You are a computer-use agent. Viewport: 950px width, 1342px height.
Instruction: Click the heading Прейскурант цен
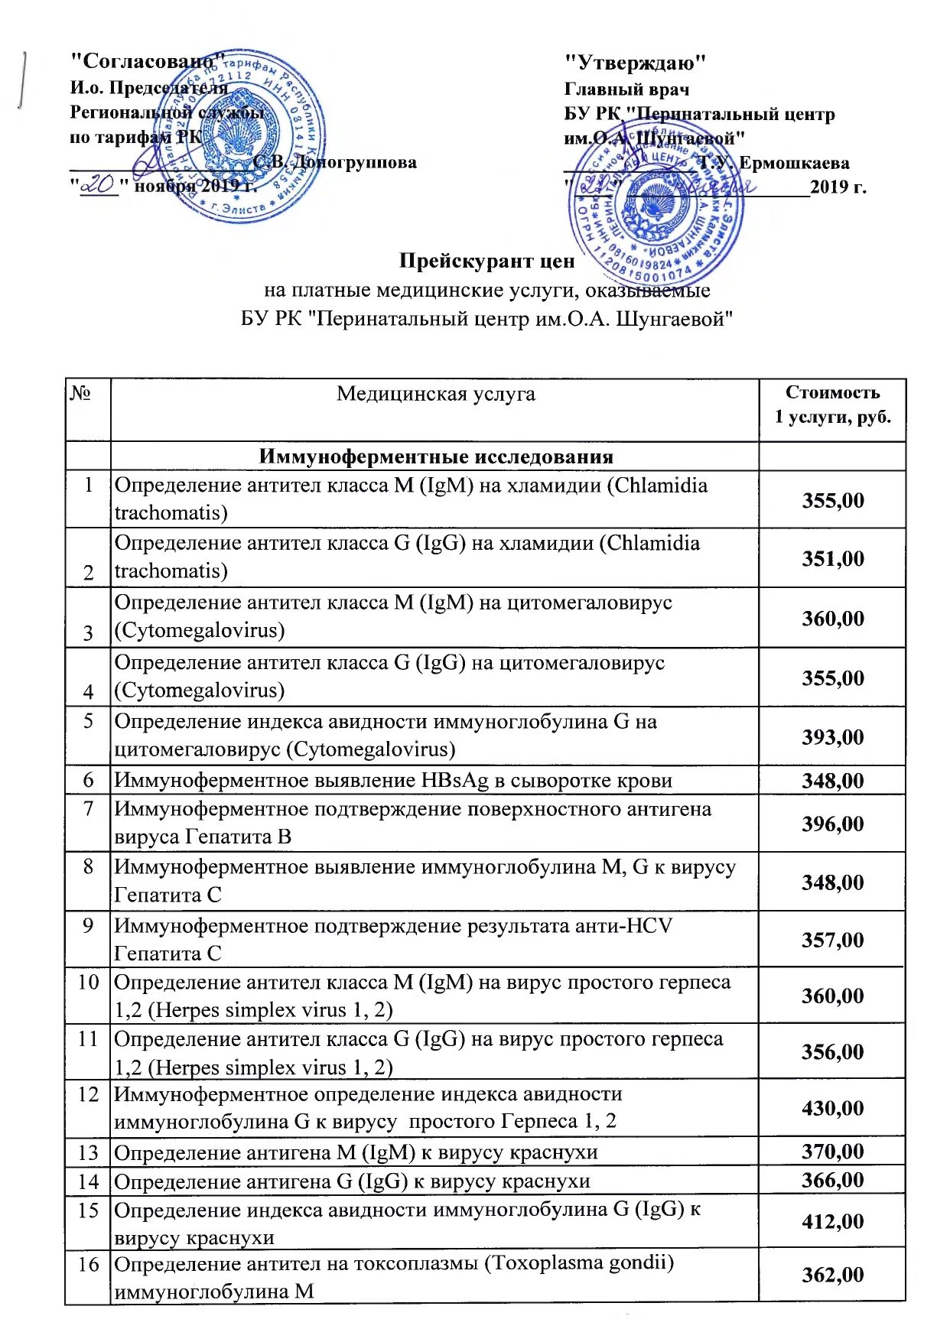pyautogui.click(x=486, y=261)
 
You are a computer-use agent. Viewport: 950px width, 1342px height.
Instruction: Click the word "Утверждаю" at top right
pyautogui.click(x=635, y=63)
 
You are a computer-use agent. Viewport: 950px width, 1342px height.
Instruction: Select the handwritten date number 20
pyautogui.click(x=97, y=184)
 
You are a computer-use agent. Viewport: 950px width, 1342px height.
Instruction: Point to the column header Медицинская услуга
pyautogui.click(x=435, y=394)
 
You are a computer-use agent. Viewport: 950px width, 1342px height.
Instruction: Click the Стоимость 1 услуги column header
pyautogui.click(x=832, y=405)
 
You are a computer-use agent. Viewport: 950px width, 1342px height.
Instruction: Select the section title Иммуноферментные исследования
pyautogui.click(x=435, y=457)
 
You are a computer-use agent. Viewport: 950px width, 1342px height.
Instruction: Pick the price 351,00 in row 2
pyautogui.click(x=832, y=558)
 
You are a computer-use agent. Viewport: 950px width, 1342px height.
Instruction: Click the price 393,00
pyautogui.click(x=832, y=737)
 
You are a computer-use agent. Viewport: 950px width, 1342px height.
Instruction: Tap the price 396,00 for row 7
pyautogui.click(x=832, y=824)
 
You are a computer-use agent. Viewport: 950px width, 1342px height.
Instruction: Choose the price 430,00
pyautogui.click(x=832, y=1108)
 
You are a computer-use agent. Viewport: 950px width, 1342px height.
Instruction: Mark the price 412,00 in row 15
pyautogui.click(x=832, y=1221)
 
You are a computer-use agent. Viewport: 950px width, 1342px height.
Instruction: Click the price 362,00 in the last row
pyautogui.click(x=832, y=1275)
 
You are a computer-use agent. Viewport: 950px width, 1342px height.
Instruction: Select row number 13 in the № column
pyautogui.click(x=88, y=1152)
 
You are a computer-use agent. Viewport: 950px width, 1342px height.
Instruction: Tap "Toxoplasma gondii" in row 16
pyautogui.click(x=580, y=1262)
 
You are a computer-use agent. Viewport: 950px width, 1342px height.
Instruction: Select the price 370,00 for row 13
pyautogui.click(x=832, y=1152)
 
